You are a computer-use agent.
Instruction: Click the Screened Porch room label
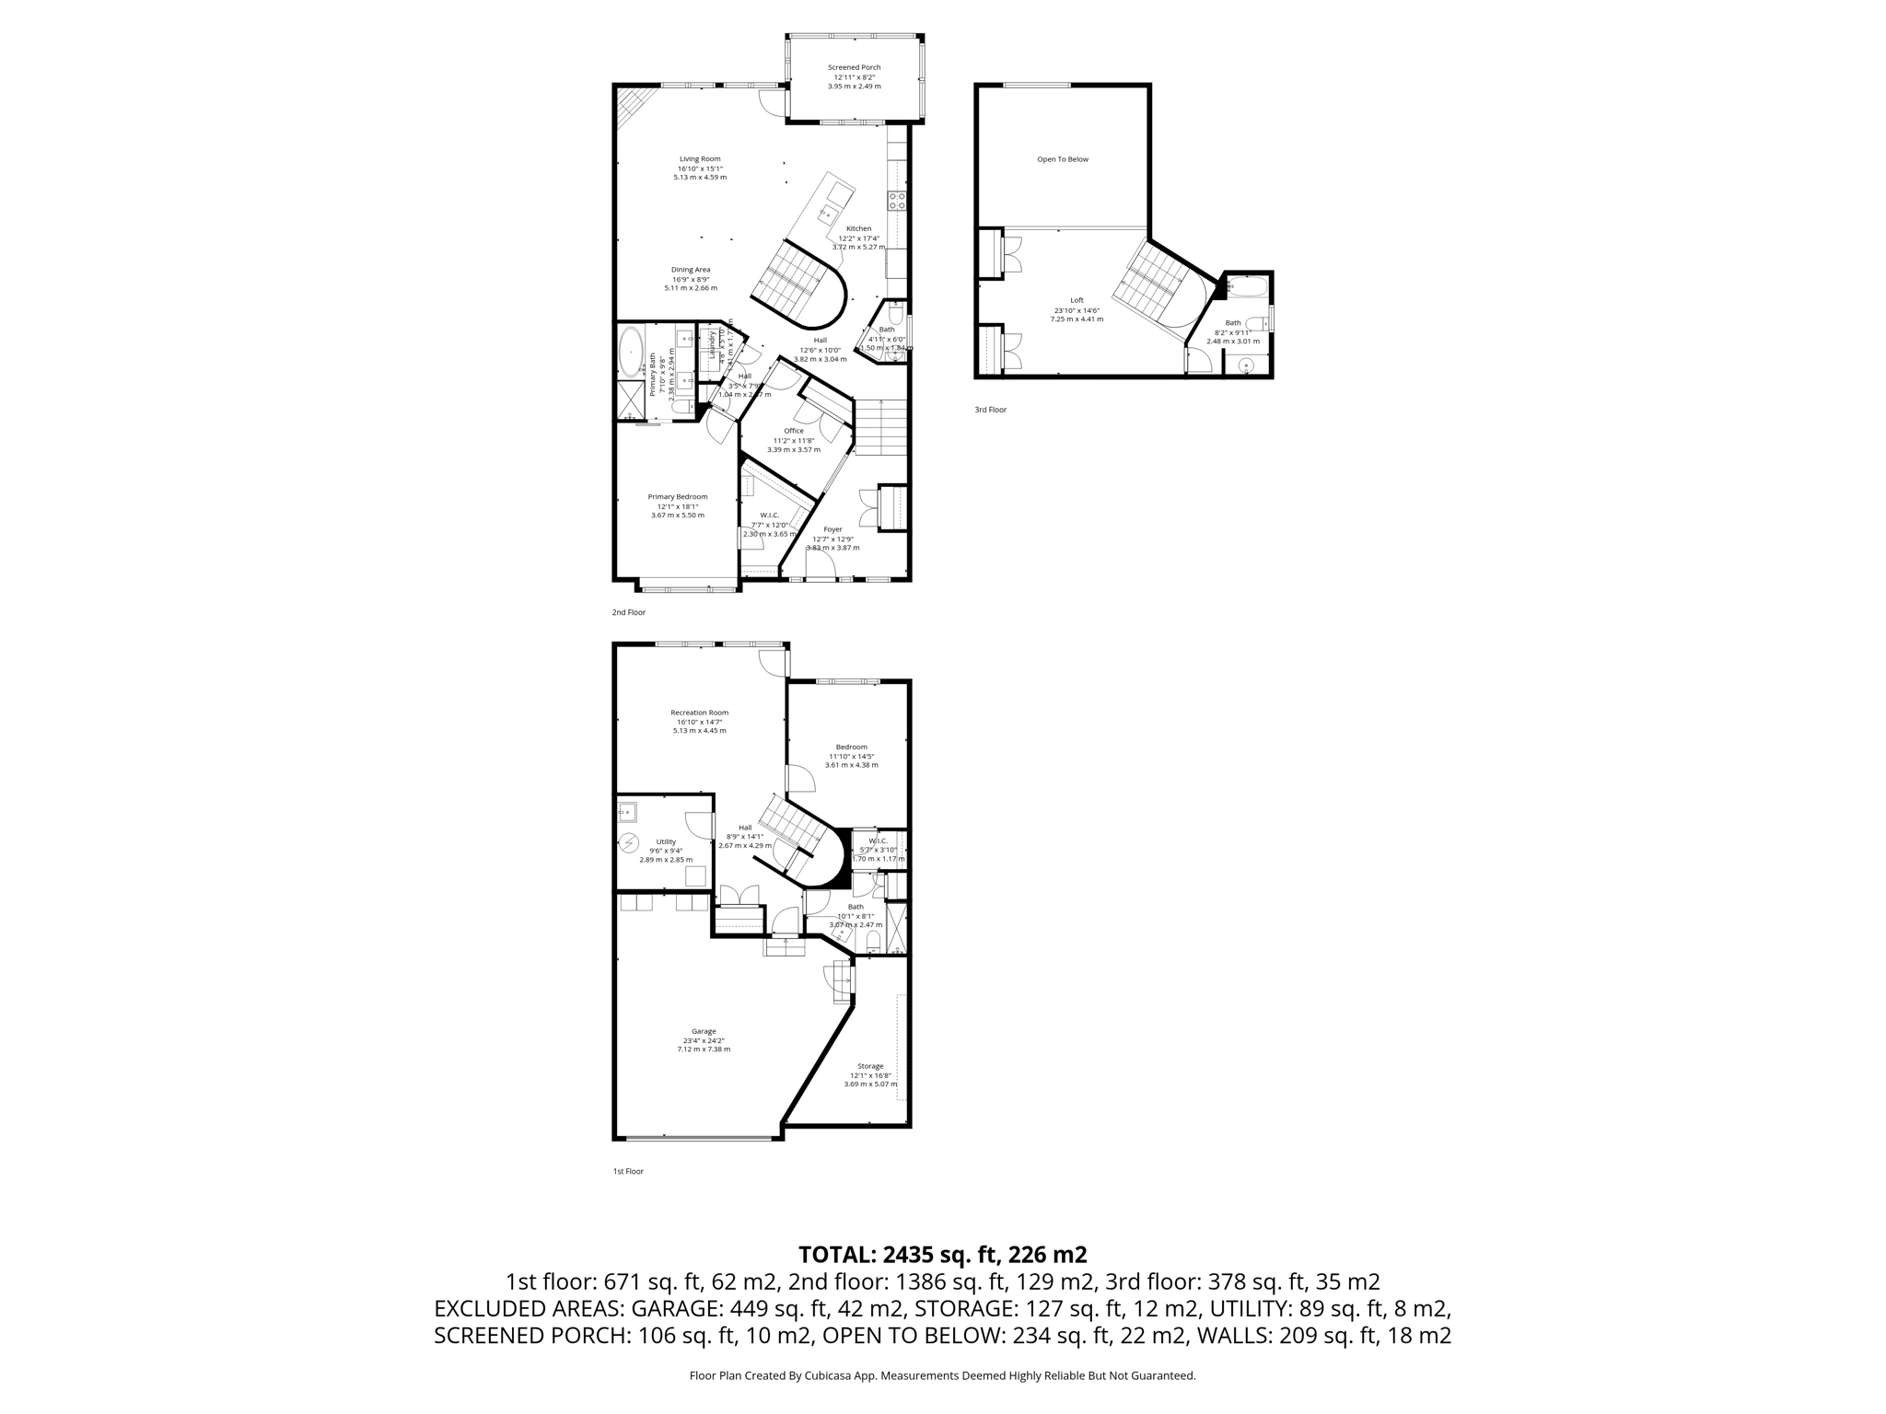pos(854,67)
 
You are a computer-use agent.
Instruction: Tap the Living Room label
pos(700,159)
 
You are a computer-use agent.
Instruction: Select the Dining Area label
pos(690,270)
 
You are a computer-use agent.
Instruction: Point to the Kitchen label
pos(858,229)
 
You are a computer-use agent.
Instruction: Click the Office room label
pos(793,431)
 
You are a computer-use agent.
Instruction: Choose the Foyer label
pos(832,529)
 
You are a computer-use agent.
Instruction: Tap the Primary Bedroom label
pos(677,497)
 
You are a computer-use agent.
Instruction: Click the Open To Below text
pos(1062,159)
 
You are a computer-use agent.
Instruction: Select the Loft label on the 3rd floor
pos(1077,300)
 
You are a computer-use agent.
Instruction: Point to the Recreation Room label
pos(699,713)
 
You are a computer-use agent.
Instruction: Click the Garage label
pos(704,1031)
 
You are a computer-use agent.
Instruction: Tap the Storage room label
pos(870,1066)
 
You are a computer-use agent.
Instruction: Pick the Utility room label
pos(666,841)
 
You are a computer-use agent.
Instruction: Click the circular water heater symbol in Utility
pos(629,842)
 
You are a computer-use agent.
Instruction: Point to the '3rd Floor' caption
pos(990,410)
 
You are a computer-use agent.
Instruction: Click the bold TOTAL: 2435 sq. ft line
pos(942,1255)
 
